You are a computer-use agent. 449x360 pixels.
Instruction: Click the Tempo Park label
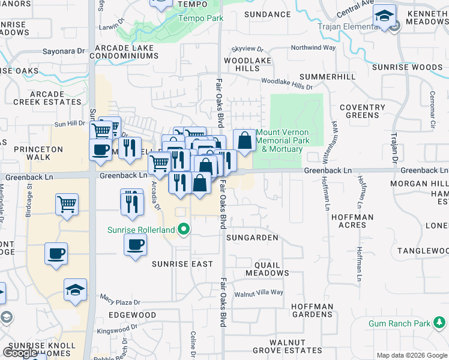[x=200, y=18]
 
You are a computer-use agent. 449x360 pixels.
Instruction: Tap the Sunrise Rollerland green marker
[x=185, y=229]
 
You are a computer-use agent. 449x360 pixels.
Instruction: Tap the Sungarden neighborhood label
[x=252, y=238]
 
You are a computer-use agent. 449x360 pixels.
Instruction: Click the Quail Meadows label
[x=267, y=269]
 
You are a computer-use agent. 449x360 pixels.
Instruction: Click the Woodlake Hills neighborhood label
[x=242, y=65]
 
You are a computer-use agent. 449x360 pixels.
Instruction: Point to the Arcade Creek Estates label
[x=47, y=98]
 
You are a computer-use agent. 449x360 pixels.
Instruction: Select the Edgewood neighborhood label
[x=132, y=315]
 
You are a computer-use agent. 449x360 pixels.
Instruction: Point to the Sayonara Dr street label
[x=63, y=52]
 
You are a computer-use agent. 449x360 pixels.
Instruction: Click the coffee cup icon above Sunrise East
[x=135, y=244]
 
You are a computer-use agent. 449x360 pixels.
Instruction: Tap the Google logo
[x=20, y=353]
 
